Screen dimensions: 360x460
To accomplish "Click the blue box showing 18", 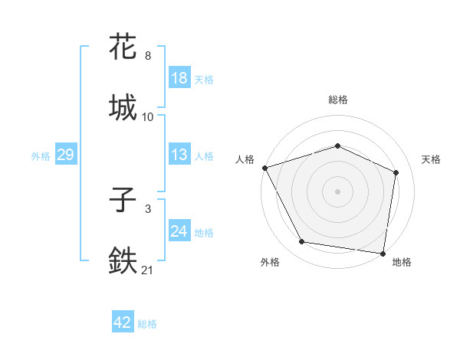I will pyautogui.click(x=179, y=78).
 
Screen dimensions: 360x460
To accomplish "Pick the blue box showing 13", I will pyautogui.click(x=179, y=155).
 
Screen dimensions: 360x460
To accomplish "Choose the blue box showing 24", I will pyautogui.click(x=179, y=231).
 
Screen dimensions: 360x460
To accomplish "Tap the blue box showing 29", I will pyautogui.click(x=65, y=155).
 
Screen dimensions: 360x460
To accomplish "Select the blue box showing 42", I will pyautogui.click(x=123, y=322).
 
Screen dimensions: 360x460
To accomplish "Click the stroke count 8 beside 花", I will pyautogui.click(x=148, y=56).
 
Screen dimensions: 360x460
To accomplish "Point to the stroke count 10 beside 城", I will pyautogui.click(x=148, y=117).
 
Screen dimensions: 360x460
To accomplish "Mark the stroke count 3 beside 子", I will pyautogui.click(x=148, y=208).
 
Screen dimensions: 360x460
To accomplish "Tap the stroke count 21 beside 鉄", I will pyautogui.click(x=148, y=270).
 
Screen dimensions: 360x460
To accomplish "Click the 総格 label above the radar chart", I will pyautogui.click(x=338, y=100).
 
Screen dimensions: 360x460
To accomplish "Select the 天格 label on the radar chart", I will pyautogui.click(x=432, y=159).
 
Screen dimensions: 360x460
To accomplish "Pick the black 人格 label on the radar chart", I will pyautogui.click(x=245, y=159).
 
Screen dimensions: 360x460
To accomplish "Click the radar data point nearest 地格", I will pyautogui.click(x=383, y=253).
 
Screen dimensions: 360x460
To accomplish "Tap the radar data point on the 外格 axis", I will pyautogui.click(x=302, y=242).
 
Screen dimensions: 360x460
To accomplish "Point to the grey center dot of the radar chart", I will pyautogui.click(x=338, y=191).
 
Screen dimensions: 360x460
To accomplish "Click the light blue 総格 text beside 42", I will pyautogui.click(x=148, y=324).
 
